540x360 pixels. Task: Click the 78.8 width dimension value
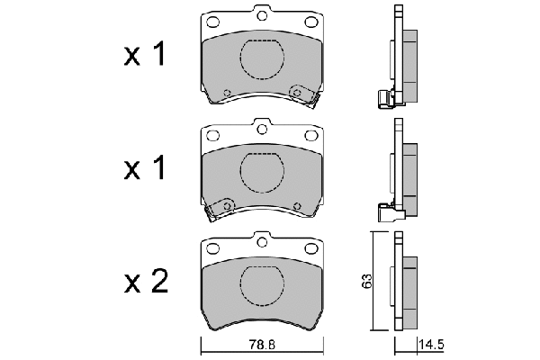(262, 345)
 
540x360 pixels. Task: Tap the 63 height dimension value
(367, 281)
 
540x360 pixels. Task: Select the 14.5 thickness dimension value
(431, 345)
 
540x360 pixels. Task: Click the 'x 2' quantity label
(146, 281)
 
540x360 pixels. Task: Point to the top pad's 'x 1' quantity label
(145, 54)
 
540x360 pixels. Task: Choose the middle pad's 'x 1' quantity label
(145, 167)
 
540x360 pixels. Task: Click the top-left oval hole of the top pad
(212, 22)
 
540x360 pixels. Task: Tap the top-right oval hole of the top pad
(311, 22)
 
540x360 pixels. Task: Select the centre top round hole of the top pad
(262, 16)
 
